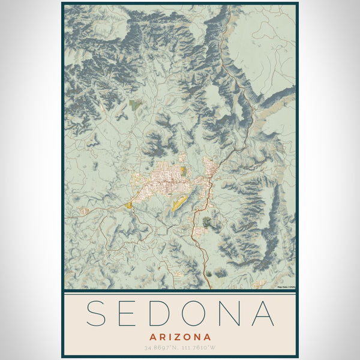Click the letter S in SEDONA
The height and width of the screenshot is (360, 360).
pyautogui.click(x=98, y=313)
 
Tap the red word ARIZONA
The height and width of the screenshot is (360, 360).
pyautogui.click(x=180, y=337)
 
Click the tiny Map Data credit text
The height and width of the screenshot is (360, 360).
pyautogui.click(x=286, y=287)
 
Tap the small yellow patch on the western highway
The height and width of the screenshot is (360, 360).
pyautogui.click(x=129, y=205)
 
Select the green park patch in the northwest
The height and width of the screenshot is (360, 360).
pyautogui.click(x=136, y=104)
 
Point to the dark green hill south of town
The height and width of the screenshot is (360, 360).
pyautogui.click(x=208, y=223)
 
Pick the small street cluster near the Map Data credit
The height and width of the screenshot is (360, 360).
pyautogui.click(x=259, y=283)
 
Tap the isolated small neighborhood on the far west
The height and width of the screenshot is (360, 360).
pyautogui.click(x=84, y=211)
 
